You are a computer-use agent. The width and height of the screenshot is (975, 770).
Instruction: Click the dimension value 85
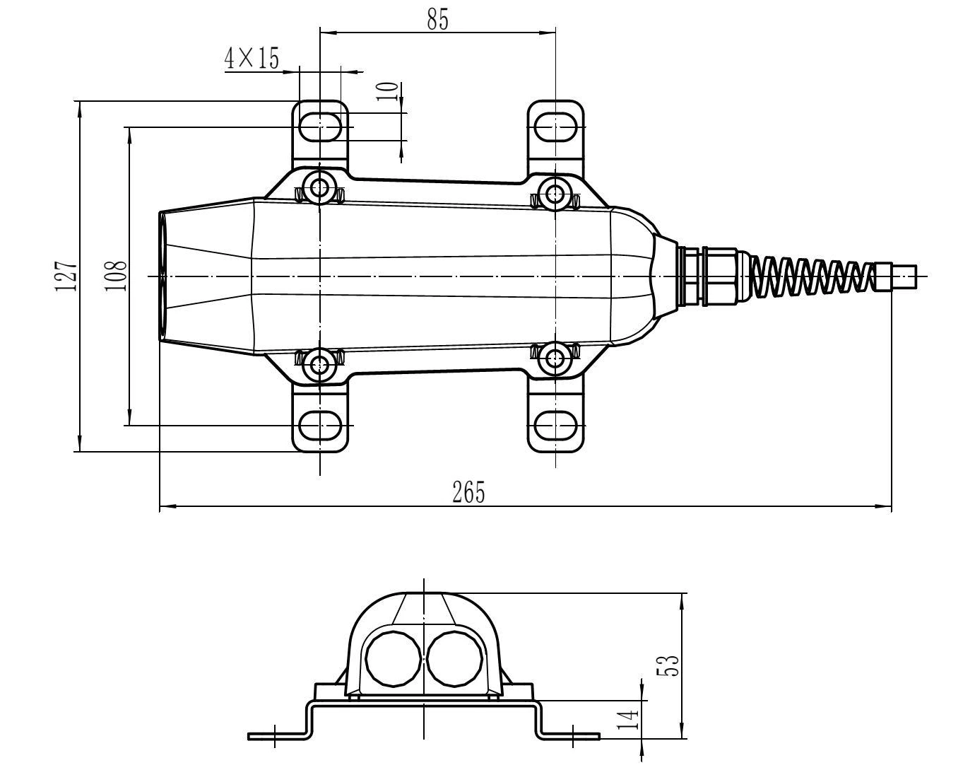click(x=437, y=20)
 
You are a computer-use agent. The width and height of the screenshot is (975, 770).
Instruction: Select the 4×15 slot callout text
click(x=252, y=58)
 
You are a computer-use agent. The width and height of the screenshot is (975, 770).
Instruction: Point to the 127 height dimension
click(x=66, y=276)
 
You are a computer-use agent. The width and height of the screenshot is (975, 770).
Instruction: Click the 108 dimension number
click(x=116, y=276)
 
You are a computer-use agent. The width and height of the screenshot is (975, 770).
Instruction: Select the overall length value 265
click(x=468, y=492)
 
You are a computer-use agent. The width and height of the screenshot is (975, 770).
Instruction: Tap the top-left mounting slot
click(x=321, y=127)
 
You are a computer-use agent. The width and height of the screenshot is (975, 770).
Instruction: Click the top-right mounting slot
click(x=556, y=127)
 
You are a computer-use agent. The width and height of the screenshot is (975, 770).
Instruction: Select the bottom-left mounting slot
click(x=321, y=426)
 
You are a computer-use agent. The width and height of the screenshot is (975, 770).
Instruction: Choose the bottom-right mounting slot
click(x=556, y=426)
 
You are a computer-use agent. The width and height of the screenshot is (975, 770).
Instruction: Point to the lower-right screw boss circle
click(x=555, y=359)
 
